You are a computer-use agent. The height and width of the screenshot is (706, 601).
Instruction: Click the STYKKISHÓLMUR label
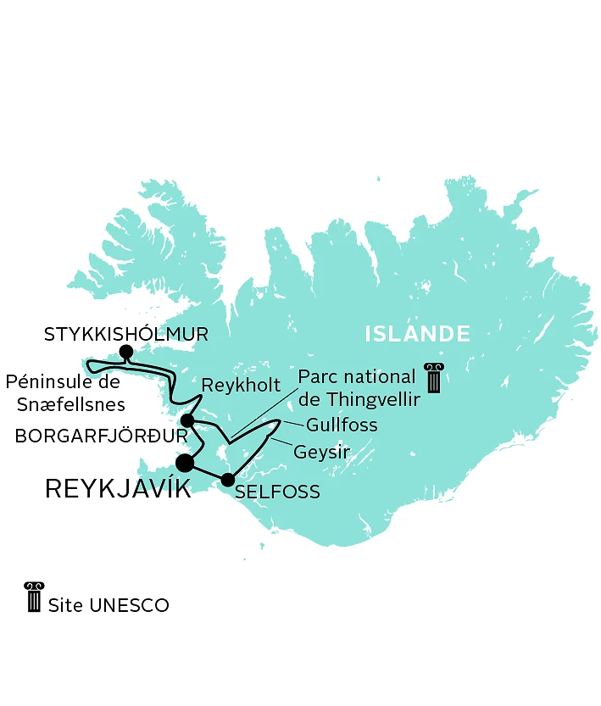point(125,334)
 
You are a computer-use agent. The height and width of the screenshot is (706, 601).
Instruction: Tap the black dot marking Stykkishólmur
point(126,352)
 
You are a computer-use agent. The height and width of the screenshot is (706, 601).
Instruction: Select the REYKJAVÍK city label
point(118,489)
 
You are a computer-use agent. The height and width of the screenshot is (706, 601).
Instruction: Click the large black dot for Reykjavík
point(185,462)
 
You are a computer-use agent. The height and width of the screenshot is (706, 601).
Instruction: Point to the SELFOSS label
point(278,492)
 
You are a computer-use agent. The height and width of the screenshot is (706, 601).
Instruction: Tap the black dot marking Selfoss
point(227,480)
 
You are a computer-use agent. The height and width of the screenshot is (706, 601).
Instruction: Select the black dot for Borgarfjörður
point(188,420)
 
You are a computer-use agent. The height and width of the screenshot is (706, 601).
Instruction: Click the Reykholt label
point(241,386)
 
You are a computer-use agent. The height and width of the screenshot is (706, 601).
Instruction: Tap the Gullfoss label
point(342,424)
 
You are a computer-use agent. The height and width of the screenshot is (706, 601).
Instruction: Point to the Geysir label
point(321,453)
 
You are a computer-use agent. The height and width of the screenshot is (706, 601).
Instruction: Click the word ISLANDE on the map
point(417,334)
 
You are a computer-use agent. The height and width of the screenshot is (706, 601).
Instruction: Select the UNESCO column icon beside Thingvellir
point(434,378)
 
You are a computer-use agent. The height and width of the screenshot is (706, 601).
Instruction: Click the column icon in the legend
point(34,597)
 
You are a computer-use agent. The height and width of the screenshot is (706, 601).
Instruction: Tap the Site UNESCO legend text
point(109,605)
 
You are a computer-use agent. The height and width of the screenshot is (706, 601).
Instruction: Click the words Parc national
point(358,376)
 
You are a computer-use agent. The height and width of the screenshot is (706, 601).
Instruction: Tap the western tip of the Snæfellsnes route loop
point(94,366)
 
